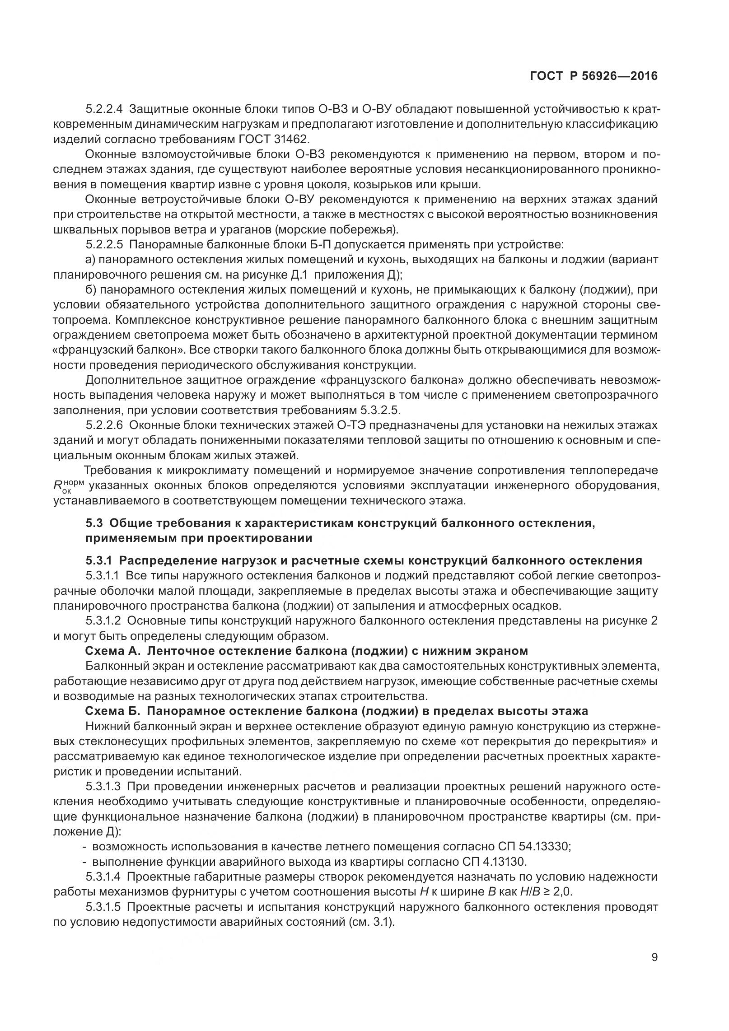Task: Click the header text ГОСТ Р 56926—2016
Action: tap(593, 76)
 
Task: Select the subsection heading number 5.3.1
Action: tap(99, 560)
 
